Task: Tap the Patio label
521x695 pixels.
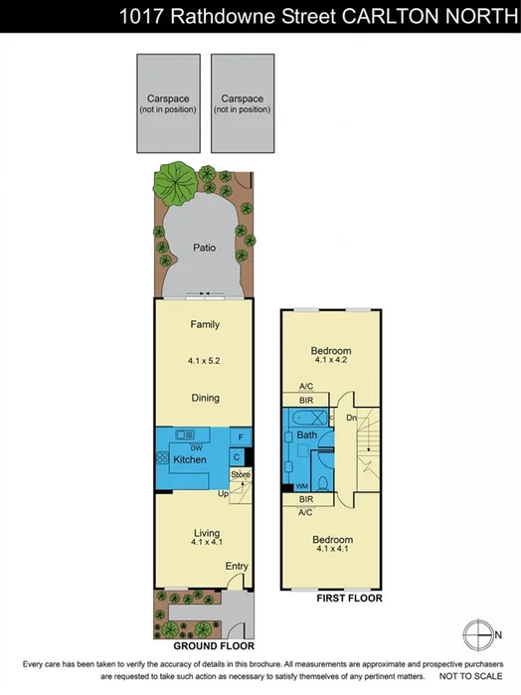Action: pos(207,247)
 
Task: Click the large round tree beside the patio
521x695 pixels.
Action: pos(173,185)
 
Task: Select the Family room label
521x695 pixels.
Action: pos(206,325)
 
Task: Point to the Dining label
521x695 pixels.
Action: pos(206,398)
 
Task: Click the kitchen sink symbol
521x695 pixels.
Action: pos(185,435)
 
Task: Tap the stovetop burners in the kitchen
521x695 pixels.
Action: pos(161,458)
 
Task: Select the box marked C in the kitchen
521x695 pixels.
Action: pos(238,457)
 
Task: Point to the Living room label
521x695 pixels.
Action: pos(206,534)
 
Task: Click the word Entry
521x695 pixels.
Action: pos(237,566)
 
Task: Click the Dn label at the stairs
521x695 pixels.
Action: pos(351,419)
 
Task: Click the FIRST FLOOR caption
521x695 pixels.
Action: pos(349,599)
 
